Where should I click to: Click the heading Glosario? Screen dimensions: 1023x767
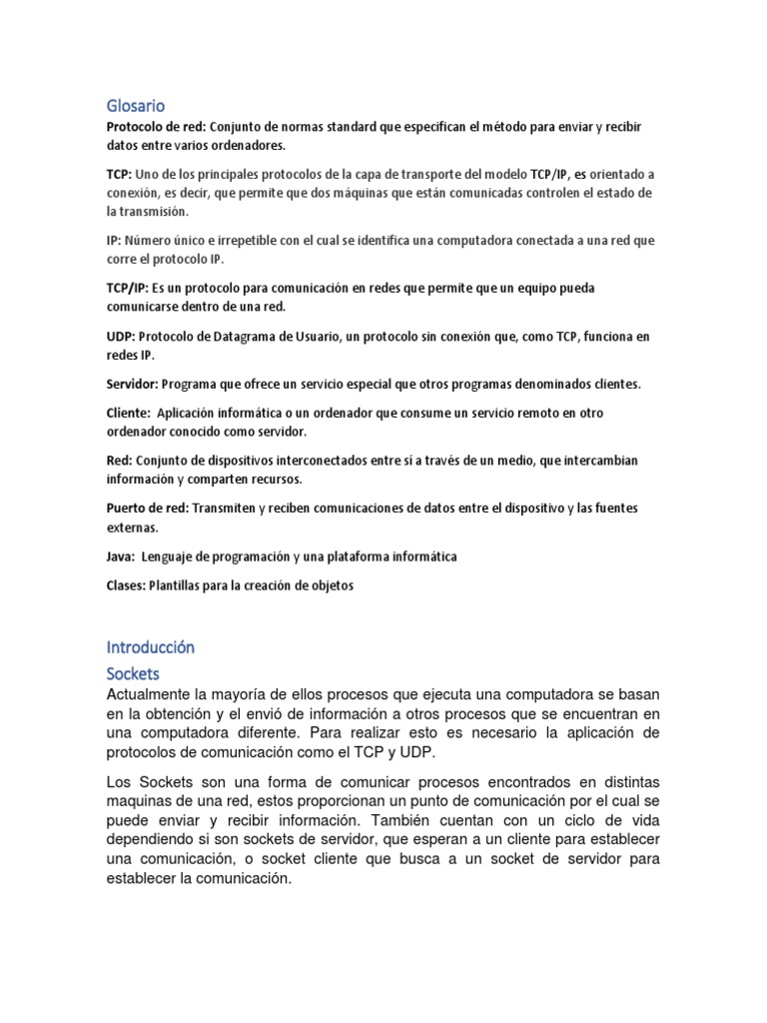pyautogui.click(x=135, y=104)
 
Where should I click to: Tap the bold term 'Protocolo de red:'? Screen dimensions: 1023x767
pyautogui.click(x=153, y=128)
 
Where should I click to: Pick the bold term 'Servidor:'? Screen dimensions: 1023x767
pyautogui.click(x=131, y=384)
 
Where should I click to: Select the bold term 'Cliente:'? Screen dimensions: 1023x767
pyautogui.click(x=127, y=413)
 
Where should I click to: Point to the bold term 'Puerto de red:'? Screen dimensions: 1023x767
pyautogui.click(x=148, y=508)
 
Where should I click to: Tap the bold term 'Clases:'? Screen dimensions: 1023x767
pyautogui.click(x=125, y=584)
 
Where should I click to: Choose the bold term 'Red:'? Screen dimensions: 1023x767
pyautogui.click(x=118, y=460)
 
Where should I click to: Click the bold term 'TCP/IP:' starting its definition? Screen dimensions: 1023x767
pyautogui.click(x=129, y=288)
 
